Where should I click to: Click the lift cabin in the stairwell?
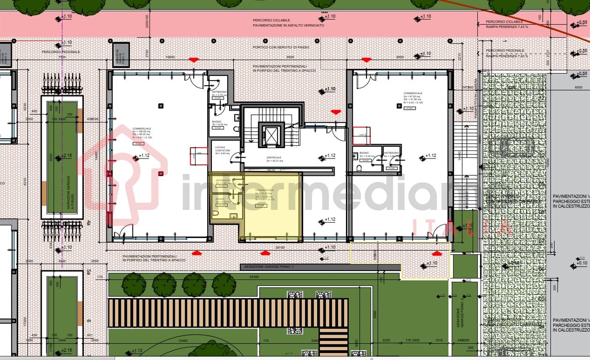pos(271,135)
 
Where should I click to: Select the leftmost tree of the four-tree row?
pos(134,284)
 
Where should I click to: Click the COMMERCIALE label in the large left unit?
pos(142,129)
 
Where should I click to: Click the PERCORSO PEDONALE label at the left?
pos(61,52)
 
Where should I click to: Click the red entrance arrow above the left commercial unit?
pos(193,60)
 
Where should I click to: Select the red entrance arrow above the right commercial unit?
pos(366,60)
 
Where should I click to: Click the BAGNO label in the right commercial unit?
pos(364,153)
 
